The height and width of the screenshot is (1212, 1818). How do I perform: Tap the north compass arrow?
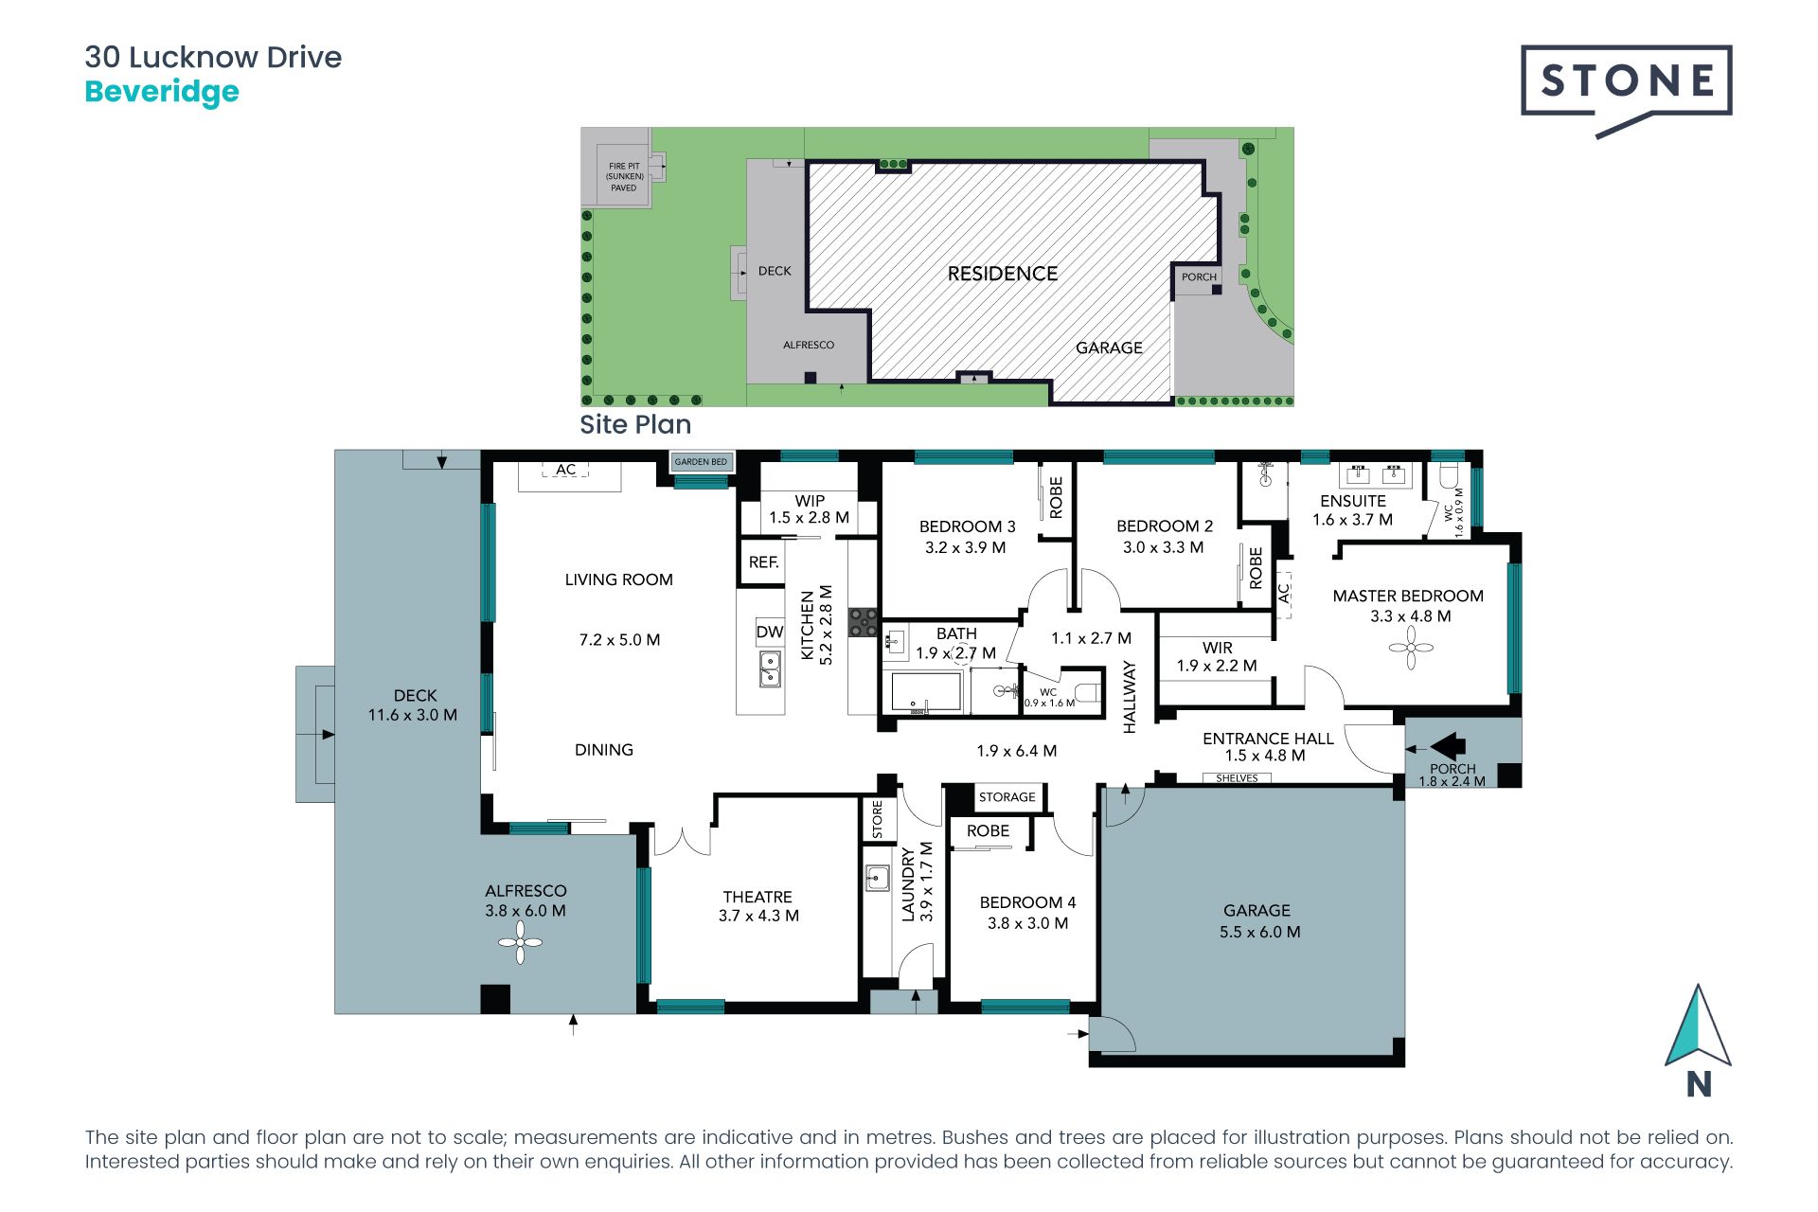click(1698, 1027)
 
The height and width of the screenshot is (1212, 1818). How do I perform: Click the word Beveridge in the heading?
click(162, 92)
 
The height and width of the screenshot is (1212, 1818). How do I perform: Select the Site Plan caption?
click(635, 424)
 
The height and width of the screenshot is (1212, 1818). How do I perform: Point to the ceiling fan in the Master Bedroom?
click(1411, 649)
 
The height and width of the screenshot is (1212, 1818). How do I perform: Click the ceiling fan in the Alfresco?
click(520, 942)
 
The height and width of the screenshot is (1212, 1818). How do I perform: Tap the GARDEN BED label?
click(701, 462)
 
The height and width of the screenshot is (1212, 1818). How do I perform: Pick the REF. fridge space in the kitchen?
click(763, 562)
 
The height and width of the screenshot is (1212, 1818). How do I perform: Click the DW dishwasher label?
click(770, 632)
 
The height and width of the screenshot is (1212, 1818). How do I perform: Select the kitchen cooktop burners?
click(863, 622)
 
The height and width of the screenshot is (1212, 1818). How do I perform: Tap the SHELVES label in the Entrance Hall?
click(1237, 778)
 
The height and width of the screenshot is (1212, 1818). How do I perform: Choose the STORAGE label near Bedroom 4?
click(1007, 797)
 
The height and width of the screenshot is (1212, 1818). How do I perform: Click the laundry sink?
click(877, 879)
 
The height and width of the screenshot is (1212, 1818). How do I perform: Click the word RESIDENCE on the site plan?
click(1003, 274)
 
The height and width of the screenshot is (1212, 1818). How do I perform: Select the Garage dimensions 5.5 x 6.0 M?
click(1259, 932)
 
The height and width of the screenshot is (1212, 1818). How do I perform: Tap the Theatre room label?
click(757, 897)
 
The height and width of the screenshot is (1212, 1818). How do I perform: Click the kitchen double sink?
click(771, 668)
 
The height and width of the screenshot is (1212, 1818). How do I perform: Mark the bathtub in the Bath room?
click(922, 692)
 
